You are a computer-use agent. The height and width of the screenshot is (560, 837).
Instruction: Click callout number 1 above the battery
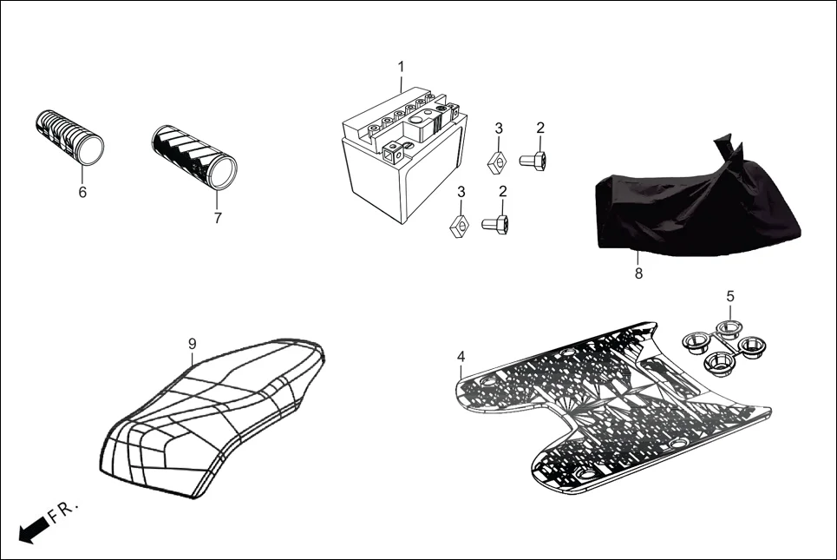[401, 68]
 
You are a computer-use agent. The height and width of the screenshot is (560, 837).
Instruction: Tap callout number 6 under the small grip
[82, 193]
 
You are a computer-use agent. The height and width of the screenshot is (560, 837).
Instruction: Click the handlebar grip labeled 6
[69, 136]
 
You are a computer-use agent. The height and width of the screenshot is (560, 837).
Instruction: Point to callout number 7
[217, 218]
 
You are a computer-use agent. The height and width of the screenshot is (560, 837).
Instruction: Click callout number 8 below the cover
[638, 273]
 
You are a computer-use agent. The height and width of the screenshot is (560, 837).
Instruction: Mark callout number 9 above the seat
[193, 344]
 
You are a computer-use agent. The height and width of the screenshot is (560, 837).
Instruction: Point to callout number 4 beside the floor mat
[461, 357]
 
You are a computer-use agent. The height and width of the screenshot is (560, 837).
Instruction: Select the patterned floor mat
[607, 408]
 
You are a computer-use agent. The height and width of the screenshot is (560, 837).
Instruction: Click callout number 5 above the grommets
[730, 296]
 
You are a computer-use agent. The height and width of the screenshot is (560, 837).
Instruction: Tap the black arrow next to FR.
[33, 529]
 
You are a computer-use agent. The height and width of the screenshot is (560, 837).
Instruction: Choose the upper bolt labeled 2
[532, 160]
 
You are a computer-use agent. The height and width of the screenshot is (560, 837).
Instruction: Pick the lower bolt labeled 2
[496, 225]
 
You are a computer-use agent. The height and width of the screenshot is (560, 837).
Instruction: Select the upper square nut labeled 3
[498, 161]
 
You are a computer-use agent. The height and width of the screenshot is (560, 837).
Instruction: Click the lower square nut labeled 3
[460, 226]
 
